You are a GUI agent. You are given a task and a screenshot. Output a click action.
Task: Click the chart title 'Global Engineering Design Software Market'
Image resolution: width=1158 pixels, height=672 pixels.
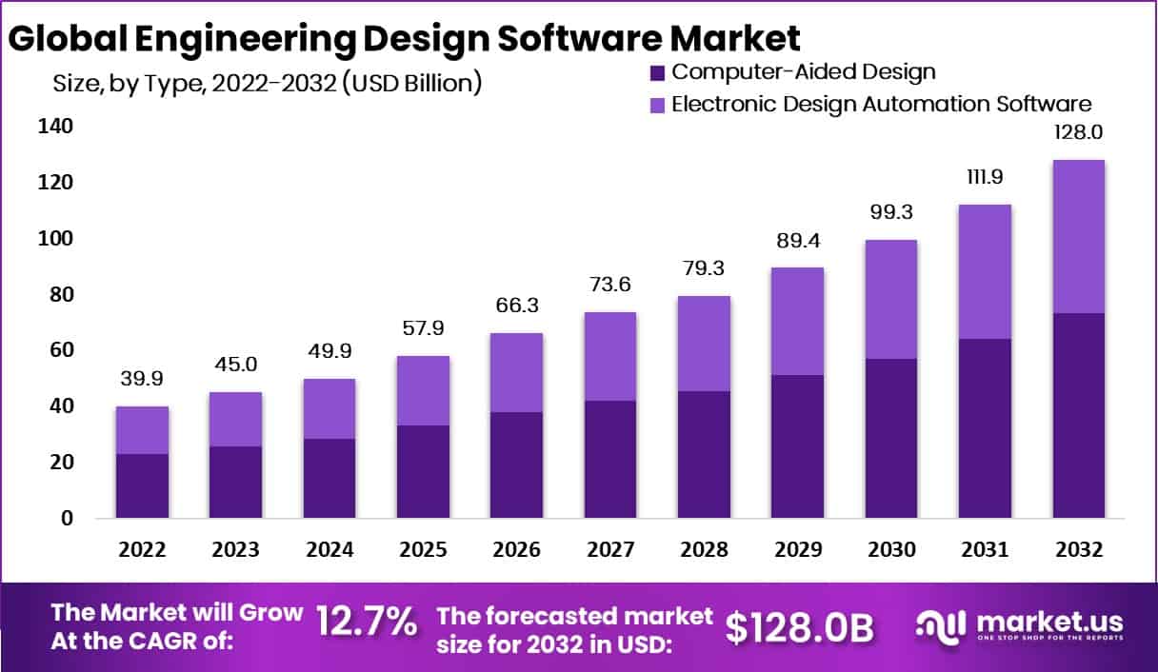click(x=404, y=38)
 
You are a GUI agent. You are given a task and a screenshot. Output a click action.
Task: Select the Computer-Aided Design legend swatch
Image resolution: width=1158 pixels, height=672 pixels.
click(x=657, y=71)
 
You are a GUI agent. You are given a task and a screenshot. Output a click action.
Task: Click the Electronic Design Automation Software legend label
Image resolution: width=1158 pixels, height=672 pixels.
click(x=881, y=104)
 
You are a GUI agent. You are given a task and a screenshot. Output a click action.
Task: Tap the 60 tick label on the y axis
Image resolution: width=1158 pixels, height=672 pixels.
click(x=55, y=350)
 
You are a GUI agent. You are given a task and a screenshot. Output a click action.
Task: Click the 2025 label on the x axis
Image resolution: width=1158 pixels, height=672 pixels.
click(x=423, y=550)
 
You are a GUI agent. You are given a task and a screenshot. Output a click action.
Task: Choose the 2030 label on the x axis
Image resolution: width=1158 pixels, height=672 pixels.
click(x=891, y=550)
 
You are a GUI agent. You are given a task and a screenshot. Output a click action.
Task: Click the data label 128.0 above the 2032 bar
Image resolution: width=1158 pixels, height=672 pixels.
click(x=1078, y=132)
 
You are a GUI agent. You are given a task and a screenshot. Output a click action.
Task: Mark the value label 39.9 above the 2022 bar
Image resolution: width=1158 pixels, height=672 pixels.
click(x=142, y=380)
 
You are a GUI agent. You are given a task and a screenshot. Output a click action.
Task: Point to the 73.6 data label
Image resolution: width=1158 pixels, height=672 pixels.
click(x=610, y=285)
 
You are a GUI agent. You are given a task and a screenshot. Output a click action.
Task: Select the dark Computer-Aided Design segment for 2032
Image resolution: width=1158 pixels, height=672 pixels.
click(x=1079, y=415)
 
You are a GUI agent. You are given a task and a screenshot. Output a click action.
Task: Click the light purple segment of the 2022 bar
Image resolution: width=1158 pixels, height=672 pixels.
click(x=142, y=430)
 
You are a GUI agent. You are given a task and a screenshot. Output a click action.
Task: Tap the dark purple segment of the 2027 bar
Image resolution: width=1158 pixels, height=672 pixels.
click(x=610, y=459)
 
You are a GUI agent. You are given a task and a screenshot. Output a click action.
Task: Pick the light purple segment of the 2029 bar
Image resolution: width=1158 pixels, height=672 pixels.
click(x=798, y=321)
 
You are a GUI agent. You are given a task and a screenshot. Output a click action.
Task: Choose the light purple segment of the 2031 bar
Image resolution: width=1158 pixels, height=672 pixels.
click(x=986, y=271)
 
